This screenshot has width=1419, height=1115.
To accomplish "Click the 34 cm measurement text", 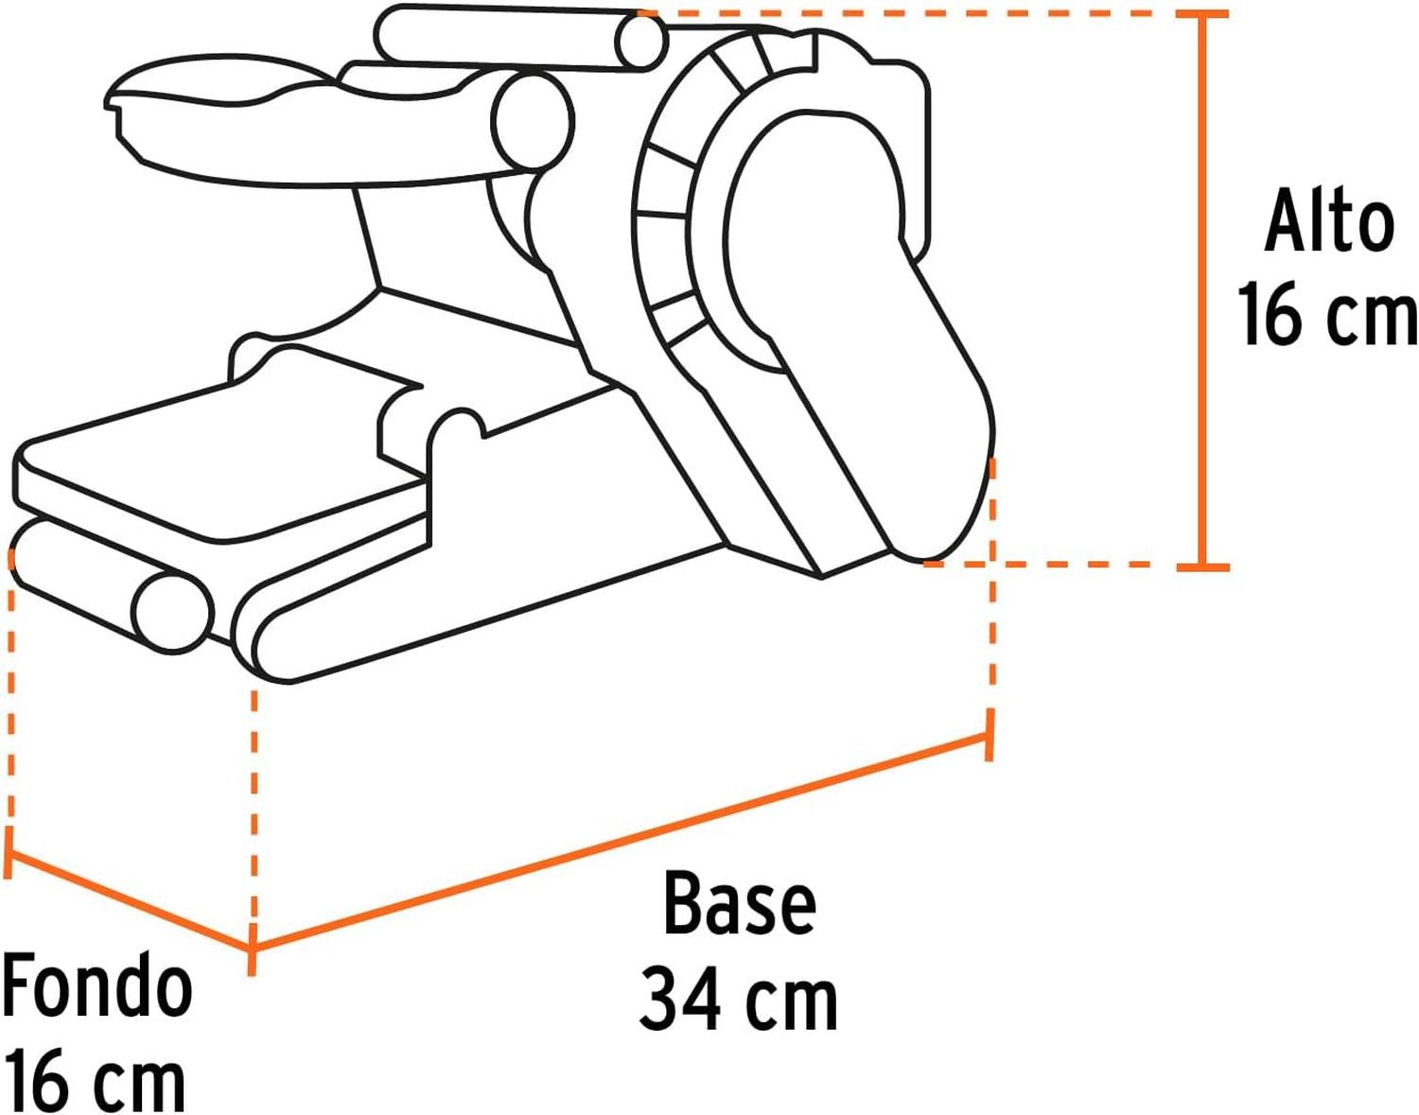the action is pos(738,1001).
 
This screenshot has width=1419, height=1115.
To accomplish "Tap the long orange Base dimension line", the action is pos(622,843).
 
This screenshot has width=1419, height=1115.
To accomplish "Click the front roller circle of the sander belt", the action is pos(173,612).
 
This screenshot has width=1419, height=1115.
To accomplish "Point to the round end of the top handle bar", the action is pos(642,42).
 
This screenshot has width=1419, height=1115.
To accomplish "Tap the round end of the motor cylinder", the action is pos(533,121).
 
